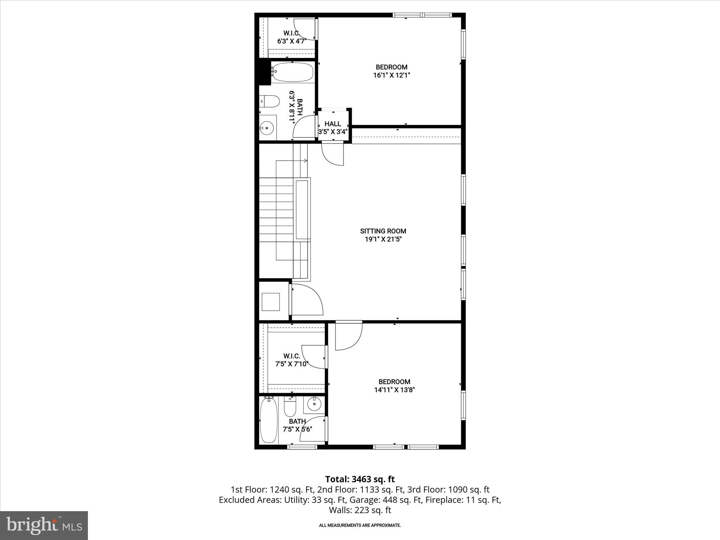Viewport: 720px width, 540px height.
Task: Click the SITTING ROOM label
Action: [383, 231]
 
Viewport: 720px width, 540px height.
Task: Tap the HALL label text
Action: [333, 124]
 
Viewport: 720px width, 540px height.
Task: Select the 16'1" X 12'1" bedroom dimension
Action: [392, 75]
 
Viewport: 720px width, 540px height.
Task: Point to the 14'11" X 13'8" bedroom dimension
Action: [394, 390]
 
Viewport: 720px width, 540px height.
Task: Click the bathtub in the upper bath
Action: [292, 72]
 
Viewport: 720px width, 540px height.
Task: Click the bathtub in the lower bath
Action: [269, 420]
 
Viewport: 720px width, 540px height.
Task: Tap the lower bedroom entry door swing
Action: [348, 335]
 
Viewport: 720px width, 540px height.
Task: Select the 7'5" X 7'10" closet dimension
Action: [292, 364]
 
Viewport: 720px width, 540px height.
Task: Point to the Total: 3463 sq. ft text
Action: [360, 479]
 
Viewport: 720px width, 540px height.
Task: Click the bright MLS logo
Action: [44, 525]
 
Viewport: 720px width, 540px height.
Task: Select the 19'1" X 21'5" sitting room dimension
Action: [383, 239]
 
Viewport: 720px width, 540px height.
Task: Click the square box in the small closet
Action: [271, 302]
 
